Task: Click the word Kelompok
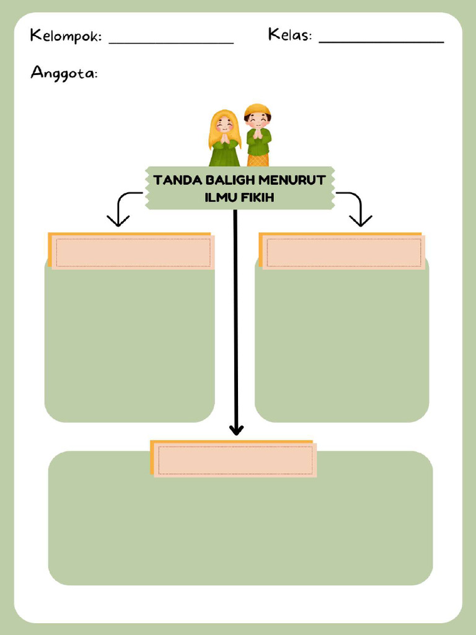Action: coord(65,37)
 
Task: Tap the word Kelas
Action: coord(289,35)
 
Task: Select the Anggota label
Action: coord(64,74)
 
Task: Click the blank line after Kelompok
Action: coord(171,43)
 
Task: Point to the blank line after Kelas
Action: coord(381,42)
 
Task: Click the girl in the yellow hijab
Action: coord(224,139)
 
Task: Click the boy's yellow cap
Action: coord(257,110)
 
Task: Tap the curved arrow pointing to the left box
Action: coord(122,208)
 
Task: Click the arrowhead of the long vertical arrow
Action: coord(236,429)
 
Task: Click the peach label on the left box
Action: coord(132,251)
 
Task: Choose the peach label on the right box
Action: coord(343,251)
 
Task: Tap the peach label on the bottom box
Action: coord(234,459)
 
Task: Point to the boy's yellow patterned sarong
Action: coord(258,160)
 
